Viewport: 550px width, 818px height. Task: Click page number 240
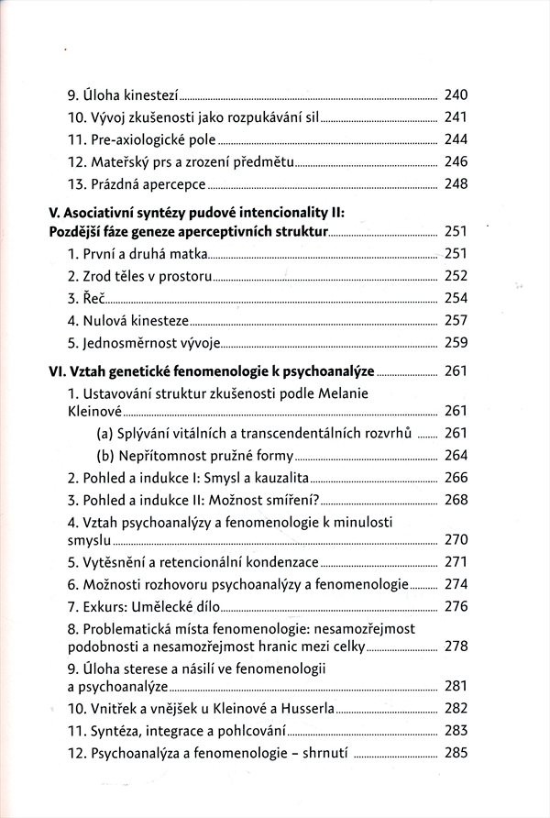click(x=456, y=95)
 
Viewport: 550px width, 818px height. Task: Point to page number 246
click(x=456, y=161)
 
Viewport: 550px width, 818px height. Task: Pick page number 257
click(x=456, y=321)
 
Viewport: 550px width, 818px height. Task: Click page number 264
click(x=456, y=455)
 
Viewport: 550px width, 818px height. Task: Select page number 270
click(x=456, y=539)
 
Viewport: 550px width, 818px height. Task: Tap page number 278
click(x=456, y=647)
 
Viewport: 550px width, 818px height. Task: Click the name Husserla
click(x=305, y=709)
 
